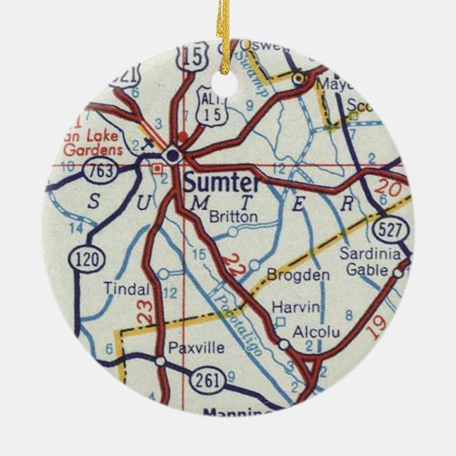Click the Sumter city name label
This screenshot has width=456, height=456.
pyautogui.click(x=221, y=183)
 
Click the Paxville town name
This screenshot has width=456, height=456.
pyautogui.click(x=196, y=348)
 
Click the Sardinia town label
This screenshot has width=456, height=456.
pyautogui.click(x=370, y=254)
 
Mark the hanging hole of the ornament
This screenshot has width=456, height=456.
pyautogui.click(x=227, y=84)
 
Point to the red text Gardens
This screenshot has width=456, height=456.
pyautogui.click(x=89, y=149)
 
